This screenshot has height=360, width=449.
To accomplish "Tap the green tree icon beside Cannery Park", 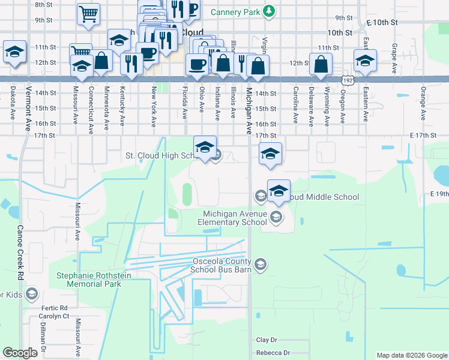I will pos(270,11).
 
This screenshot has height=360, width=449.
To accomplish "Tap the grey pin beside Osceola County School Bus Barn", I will pos(261,264).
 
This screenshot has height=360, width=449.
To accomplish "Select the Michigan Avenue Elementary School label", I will pos(234,218).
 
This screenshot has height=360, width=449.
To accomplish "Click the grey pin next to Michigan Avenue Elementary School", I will pos(276,217).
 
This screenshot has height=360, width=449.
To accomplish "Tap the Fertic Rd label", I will pos(55,308).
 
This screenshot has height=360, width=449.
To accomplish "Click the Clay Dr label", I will pos(268,340).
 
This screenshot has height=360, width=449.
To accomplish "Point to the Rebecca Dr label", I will pos(273,353).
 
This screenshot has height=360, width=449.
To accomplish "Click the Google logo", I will pos(20,353).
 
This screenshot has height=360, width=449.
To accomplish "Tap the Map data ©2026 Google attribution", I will pos(412,355).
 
